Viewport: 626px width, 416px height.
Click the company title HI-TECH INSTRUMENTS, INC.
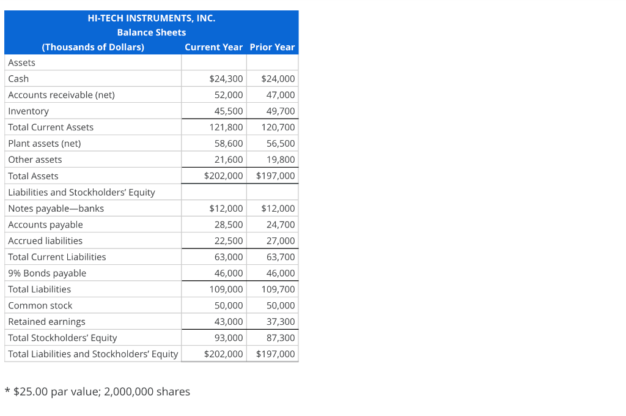coord(152,18)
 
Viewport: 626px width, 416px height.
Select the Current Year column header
coord(213,47)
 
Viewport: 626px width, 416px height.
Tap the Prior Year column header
coord(272,47)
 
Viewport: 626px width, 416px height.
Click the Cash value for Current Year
coord(226,79)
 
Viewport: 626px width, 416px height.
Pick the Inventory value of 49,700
coord(281,111)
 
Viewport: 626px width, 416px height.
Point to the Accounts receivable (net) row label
coord(61,95)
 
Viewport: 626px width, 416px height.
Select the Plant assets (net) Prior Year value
coord(281,144)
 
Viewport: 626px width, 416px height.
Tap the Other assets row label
coord(35,160)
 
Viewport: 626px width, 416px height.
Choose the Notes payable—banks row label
coord(56,209)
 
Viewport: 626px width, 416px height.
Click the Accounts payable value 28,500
coord(229,225)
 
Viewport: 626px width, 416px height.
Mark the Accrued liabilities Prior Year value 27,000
coord(281,241)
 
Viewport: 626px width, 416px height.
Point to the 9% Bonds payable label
coord(47,273)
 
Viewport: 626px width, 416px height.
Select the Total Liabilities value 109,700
coord(278,289)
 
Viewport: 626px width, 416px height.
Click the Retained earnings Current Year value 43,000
coord(229,322)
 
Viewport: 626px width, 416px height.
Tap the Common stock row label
coord(40,306)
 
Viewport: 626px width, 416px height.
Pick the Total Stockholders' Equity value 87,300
coord(281,338)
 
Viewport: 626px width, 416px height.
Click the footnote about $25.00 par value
coord(97,392)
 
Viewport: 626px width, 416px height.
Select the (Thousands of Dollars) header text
coord(93,47)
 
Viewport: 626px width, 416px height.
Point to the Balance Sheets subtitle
coord(152,32)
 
